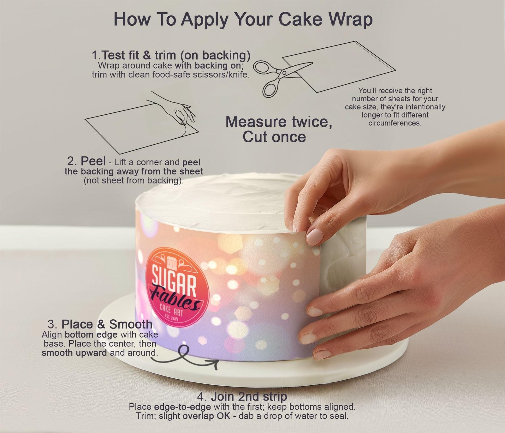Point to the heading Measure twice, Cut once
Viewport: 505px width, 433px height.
[279, 129]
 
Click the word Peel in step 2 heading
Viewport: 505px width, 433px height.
[93, 161]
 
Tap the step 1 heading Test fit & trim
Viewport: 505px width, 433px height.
[171, 55]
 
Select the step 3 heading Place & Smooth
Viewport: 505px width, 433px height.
[100, 324]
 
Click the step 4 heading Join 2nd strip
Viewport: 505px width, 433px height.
[242, 396]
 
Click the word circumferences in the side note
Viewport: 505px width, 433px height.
[395, 123]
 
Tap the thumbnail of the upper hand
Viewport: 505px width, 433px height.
[314, 235]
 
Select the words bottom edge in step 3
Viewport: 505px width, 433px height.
[91, 334]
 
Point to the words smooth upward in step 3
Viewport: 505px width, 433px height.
[74, 353]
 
